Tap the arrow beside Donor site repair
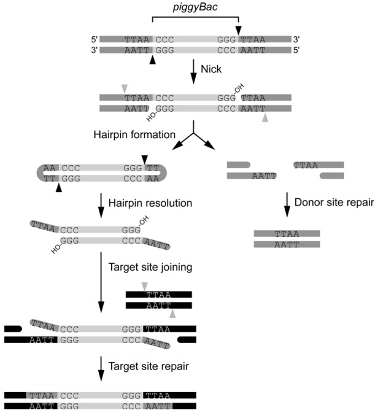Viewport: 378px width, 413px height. [x=287, y=204]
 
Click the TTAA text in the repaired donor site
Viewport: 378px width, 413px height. [x=287, y=234]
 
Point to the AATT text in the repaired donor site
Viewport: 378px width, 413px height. [x=287, y=244]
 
